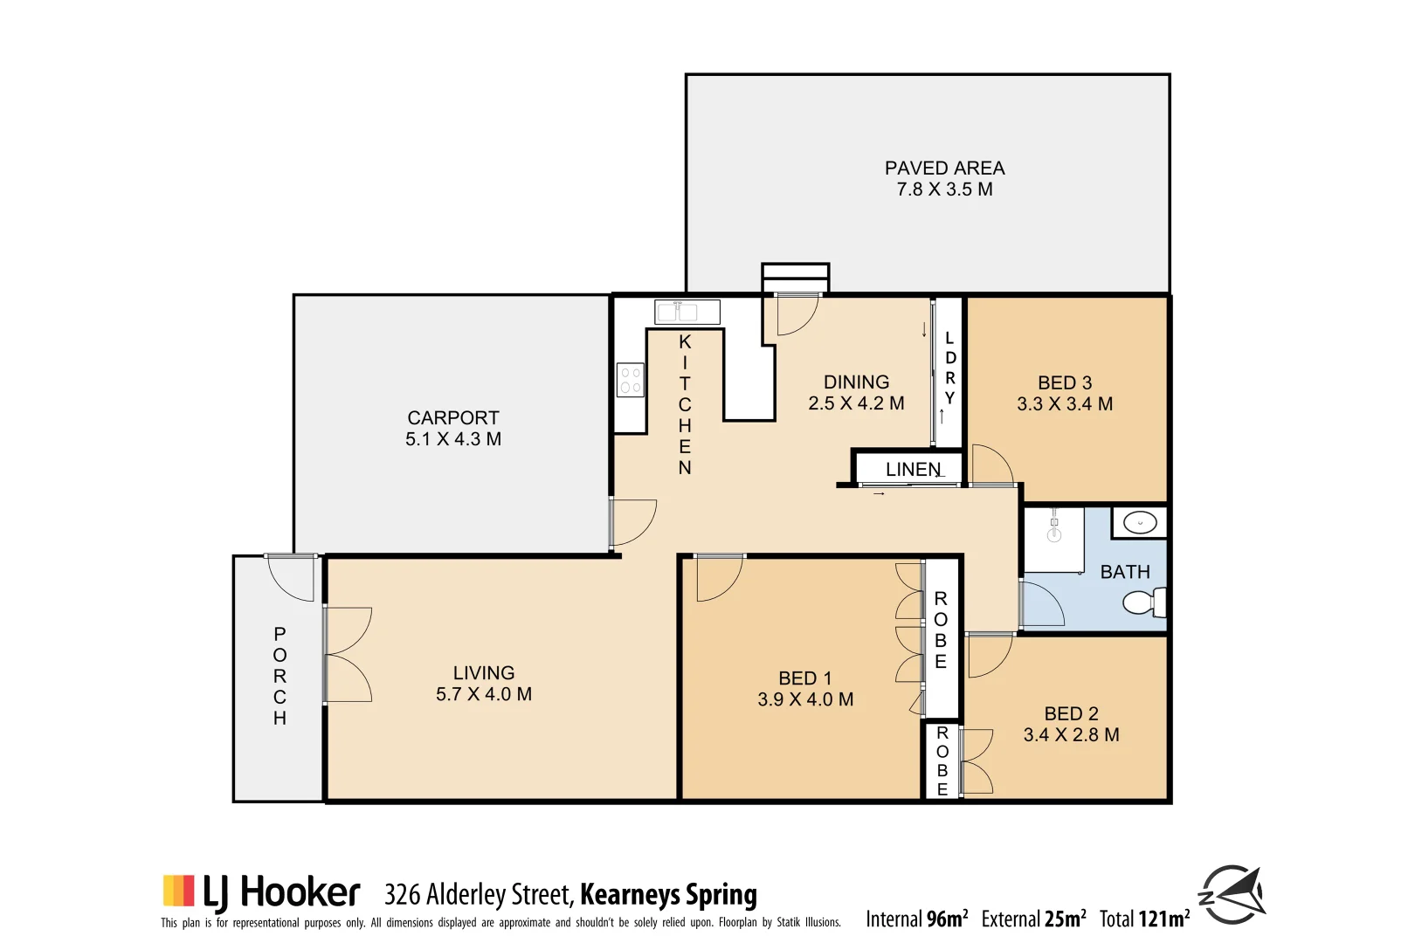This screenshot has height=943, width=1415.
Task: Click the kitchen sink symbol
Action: [687, 312]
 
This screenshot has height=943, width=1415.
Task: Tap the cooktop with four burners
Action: [631, 381]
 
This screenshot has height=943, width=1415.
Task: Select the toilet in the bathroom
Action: [1143, 602]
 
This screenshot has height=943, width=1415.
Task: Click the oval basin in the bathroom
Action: [1140, 523]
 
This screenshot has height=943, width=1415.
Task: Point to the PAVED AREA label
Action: [944, 169]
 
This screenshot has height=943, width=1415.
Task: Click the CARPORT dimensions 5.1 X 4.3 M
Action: [453, 439]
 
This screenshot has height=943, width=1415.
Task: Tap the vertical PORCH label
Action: [280, 676]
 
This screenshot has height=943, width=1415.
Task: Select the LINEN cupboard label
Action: [913, 470]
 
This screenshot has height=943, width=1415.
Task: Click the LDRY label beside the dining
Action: [949, 368]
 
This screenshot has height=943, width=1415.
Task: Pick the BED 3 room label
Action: [1065, 383]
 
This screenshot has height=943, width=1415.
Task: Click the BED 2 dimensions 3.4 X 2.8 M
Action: [1071, 735]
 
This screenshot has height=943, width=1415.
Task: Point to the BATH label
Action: [1125, 572]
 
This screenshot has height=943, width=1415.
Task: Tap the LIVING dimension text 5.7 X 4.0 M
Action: [484, 694]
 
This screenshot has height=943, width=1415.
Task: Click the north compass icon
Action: [1232, 894]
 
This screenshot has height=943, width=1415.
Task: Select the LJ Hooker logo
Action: [261, 892]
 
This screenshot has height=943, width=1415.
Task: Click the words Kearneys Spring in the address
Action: [668, 895]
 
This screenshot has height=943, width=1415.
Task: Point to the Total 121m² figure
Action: [1144, 919]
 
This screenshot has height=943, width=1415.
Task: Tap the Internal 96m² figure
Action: [916, 919]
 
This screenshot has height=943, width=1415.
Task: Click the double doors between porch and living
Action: [348, 655]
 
